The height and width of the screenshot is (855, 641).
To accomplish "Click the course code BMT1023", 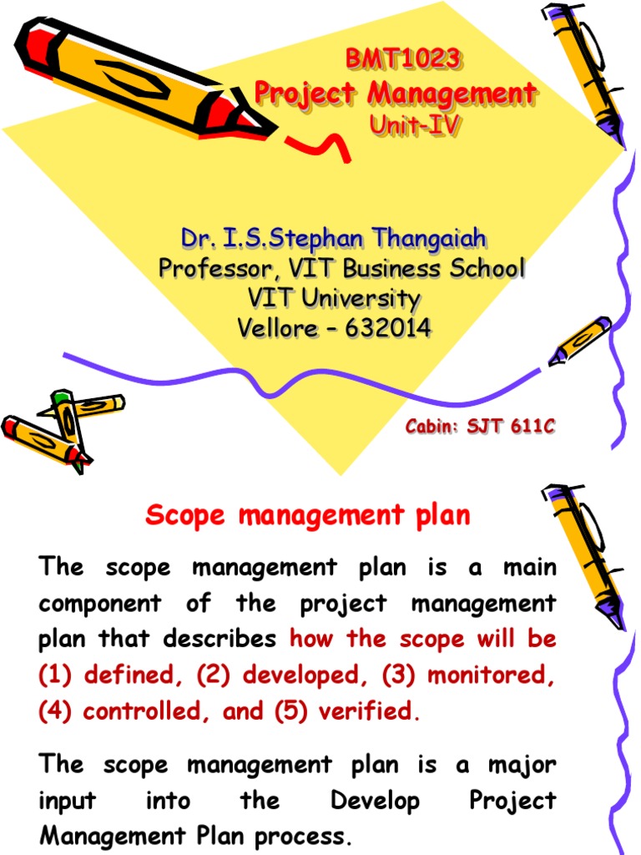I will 403,60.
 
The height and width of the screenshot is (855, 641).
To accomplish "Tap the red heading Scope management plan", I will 308,516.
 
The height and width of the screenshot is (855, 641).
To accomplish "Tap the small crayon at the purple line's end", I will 579,341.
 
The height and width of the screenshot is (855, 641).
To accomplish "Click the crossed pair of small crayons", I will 58,426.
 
